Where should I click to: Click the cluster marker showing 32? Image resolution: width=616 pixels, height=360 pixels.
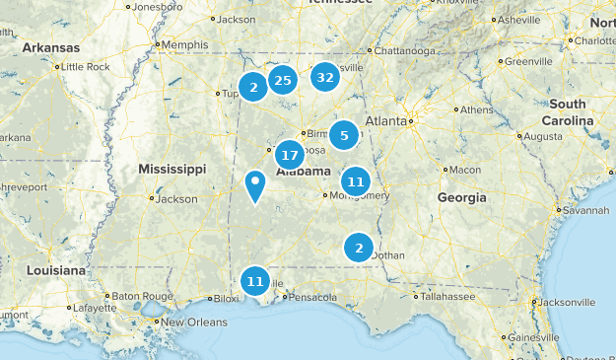(325, 77)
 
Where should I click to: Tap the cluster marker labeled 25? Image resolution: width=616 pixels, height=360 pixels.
(283, 80)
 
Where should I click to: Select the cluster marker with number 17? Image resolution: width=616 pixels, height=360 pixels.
(289, 155)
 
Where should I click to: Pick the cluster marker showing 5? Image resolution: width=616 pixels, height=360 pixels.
(344, 136)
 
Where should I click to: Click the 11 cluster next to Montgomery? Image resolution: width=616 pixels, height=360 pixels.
(356, 181)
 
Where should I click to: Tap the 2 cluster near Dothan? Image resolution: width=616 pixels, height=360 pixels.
(359, 249)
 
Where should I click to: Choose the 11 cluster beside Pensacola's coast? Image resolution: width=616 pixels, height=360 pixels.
(255, 281)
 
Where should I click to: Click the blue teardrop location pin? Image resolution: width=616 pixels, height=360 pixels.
(255, 184)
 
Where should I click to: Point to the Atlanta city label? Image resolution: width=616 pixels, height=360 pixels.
(385, 120)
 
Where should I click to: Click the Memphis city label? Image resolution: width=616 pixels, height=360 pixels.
(185, 44)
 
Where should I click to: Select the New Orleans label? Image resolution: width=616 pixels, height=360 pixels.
(194, 323)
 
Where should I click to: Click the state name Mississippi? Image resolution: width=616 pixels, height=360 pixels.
(171, 169)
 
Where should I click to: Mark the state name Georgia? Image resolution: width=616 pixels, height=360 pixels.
(461, 197)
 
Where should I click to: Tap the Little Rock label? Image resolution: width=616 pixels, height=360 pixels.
(85, 66)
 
